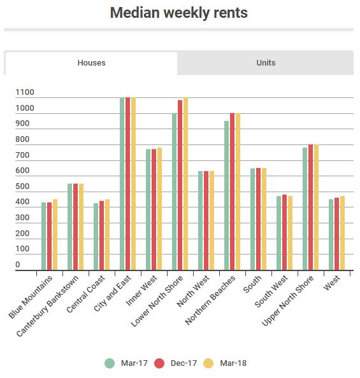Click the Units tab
click(266, 62)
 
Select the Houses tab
click(91, 63)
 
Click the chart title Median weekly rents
click(179, 13)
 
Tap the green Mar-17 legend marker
click(110, 363)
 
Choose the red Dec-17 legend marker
click(159, 363)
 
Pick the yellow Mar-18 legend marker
click(208, 363)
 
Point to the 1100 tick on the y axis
click(25, 92)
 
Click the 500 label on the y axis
click(22, 186)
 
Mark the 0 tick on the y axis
click(18, 265)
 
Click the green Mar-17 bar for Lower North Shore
click(175, 192)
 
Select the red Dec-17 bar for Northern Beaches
click(233, 192)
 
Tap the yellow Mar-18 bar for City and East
click(133, 184)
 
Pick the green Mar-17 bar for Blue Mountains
click(44, 236)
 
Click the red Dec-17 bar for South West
click(284, 232)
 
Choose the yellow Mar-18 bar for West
click(342, 233)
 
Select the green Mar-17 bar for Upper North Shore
click(305, 209)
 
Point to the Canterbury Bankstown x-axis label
click(47, 305)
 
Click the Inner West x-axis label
click(141, 291)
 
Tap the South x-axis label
click(252, 284)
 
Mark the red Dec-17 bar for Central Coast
click(102, 235)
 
